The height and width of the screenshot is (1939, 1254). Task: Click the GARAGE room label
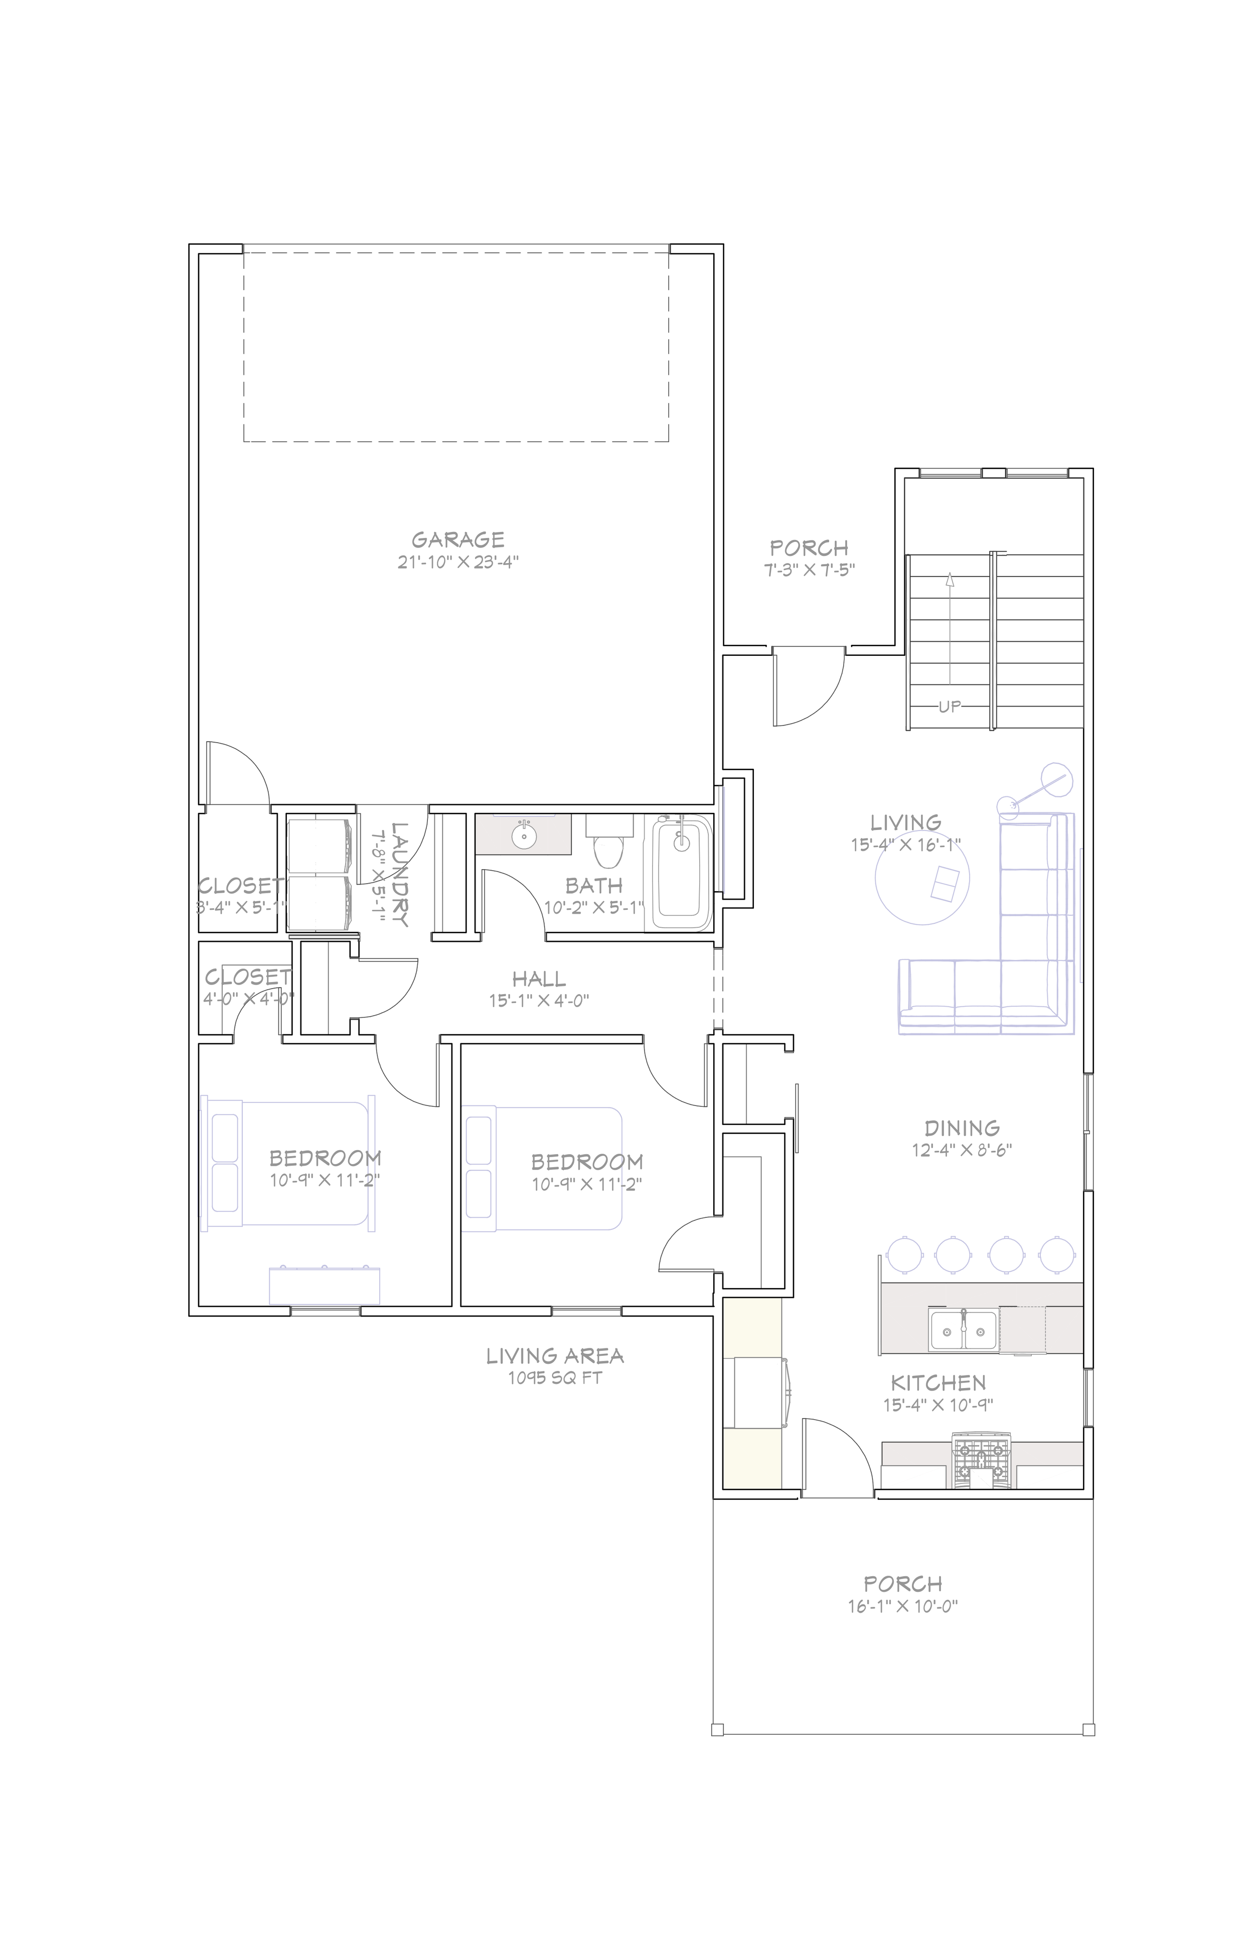tap(457, 539)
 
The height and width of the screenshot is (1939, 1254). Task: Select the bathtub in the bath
tap(680, 871)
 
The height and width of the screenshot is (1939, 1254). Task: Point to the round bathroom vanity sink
tap(523, 835)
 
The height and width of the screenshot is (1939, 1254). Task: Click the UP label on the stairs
tap(950, 707)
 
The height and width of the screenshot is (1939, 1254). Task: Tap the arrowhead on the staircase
tap(950, 579)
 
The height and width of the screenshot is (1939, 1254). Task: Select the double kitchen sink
tap(964, 1330)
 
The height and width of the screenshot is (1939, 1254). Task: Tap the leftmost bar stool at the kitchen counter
tap(904, 1255)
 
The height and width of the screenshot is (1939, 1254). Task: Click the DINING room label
tap(962, 1129)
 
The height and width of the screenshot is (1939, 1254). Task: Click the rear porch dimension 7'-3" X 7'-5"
tap(810, 570)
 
